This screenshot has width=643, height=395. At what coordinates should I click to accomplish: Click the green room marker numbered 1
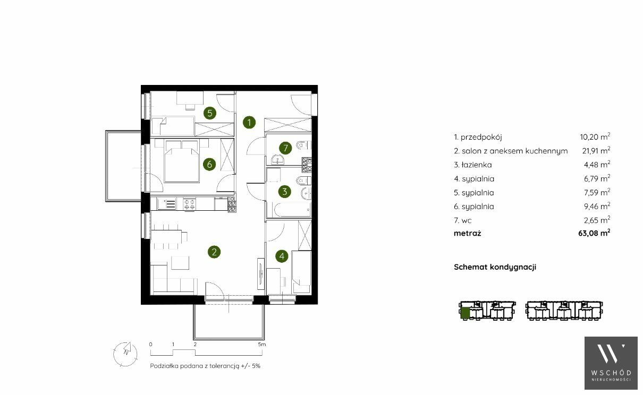pyautogui.click(x=249, y=123)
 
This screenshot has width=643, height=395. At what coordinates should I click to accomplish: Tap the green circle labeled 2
pyautogui.click(x=214, y=252)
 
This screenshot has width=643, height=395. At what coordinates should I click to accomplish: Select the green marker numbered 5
pyautogui.click(x=210, y=113)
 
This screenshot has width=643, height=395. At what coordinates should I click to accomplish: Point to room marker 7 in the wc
pyautogui.click(x=285, y=148)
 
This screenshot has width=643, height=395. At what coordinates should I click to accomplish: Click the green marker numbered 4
pyautogui.click(x=282, y=256)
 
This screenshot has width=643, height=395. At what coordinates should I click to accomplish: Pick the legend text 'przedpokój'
pyautogui.click(x=481, y=138)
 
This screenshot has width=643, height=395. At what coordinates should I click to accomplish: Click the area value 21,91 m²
pyautogui.click(x=596, y=150)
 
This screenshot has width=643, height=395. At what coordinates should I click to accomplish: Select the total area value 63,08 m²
pyautogui.click(x=594, y=233)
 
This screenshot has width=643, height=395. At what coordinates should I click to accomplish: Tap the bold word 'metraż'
pyautogui.click(x=467, y=233)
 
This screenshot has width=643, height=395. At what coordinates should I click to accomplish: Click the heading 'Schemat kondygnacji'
pyautogui.click(x=495, y=267)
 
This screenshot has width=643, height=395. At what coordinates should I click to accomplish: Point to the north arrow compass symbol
pyautogui.click(x=125, y=354)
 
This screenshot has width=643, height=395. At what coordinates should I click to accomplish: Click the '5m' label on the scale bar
pyautogui.click(x=262, y=344)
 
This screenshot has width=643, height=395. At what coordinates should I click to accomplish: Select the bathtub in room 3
pyautogui.click(x=292, y=210)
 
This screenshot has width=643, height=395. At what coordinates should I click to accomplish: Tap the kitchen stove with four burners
pyautogui.click(x=190, y=204)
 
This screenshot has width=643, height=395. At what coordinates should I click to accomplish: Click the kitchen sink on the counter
pyautogui.click(x=167, y=204)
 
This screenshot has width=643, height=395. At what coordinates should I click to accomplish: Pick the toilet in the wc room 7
pyautogui.click(x=303, y=145)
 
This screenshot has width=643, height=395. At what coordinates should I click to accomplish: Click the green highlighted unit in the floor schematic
pyautogui.click(x=465, y=313)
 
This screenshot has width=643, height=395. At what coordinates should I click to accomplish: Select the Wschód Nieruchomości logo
pyautogui.click(x=611, y=363)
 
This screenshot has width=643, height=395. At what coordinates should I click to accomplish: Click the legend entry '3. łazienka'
pyautogui.click(x=473, y=165)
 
